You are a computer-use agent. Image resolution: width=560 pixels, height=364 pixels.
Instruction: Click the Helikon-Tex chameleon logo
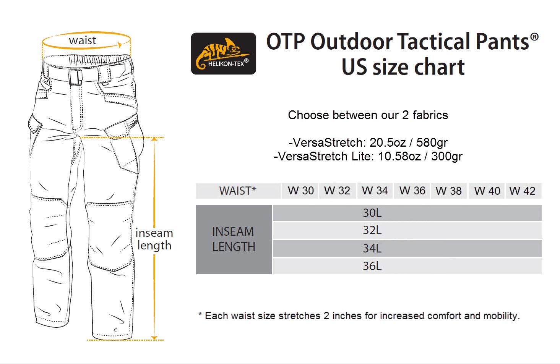click(x=223, y=53)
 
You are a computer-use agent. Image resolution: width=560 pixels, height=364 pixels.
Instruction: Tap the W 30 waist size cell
click(x=300, y=191)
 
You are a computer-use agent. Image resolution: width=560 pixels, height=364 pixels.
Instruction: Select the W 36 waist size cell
click(x=412, y=191)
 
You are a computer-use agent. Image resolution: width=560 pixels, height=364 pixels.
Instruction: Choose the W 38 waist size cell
click(x=449, y=191)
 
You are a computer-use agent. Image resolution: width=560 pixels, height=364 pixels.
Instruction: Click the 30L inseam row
click(x=407, y=213)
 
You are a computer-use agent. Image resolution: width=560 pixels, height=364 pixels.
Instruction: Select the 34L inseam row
click(x=407, y=248)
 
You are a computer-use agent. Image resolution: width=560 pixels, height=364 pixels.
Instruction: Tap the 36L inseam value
click(x=372, y=266)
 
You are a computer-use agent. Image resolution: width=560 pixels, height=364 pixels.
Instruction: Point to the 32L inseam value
click(x=372, y=230)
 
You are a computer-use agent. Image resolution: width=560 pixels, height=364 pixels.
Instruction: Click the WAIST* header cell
click(x=238, y=191)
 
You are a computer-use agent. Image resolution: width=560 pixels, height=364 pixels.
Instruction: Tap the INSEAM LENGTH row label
click(x=234, y=239)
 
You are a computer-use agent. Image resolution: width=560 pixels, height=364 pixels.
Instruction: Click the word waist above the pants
click(x=83, y=40)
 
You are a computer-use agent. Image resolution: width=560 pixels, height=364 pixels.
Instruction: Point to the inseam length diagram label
click(x=154, y=239)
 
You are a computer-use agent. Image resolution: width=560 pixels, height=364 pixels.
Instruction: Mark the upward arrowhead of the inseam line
click(x=154, y=139)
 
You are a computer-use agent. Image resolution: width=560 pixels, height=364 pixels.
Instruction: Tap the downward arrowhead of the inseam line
click(x=154, y=338)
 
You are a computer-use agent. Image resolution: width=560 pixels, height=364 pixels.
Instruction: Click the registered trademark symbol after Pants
click(x=534, y=37)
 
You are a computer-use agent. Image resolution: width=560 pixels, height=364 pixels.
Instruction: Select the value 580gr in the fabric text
click(x=432, y=142)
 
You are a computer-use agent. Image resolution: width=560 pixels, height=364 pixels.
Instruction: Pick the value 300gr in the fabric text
click(x=447, y=156)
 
